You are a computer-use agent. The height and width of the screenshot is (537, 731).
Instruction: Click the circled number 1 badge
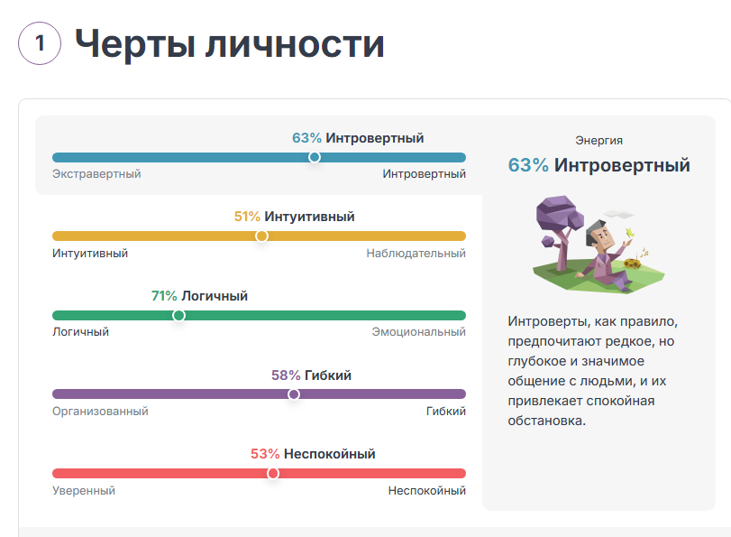(x=40, y=43)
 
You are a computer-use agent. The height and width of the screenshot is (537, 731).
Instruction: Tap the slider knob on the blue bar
(x=314, y=157)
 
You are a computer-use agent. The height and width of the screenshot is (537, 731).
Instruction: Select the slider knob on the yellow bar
(x=261, y=236)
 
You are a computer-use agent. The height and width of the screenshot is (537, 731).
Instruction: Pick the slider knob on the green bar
(x=178, y=316)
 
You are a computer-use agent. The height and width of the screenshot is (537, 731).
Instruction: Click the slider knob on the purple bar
(x=293, y=394)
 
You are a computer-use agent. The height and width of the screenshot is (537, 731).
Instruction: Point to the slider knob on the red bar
(x=273, y=474)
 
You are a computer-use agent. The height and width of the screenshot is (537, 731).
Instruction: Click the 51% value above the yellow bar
(x=247, y=217)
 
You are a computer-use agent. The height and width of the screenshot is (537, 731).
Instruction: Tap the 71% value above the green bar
(x=164, y=296)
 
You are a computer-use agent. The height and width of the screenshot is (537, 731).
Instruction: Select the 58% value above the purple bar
(x=286, y=375)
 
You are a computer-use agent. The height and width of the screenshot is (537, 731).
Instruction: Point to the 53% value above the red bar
(x=265, y=454)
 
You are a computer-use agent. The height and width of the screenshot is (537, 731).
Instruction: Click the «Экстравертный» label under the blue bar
(x=96, y=174)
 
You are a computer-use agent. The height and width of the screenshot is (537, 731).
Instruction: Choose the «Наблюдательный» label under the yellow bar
(x=416, y=254)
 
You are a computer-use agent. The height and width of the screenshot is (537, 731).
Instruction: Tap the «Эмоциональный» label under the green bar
(x=419, y=332)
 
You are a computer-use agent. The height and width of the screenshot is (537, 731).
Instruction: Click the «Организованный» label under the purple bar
(x=100, y=412)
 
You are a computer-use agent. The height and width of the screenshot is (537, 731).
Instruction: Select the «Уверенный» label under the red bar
(x=84, y=491)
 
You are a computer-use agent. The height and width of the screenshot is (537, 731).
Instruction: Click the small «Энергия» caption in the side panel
(x=599, y=141)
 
